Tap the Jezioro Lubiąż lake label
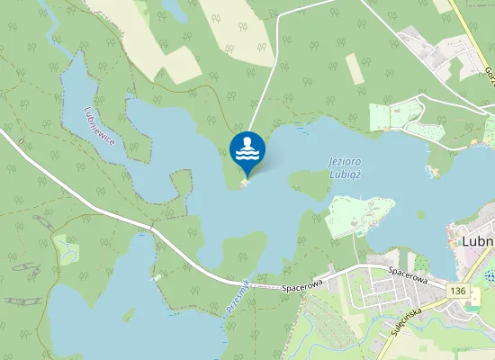[x=346, y=167]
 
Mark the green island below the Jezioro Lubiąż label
[x=310, y=185]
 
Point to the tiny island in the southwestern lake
[x=130, y=315]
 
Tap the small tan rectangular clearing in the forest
[x=355, y=69]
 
